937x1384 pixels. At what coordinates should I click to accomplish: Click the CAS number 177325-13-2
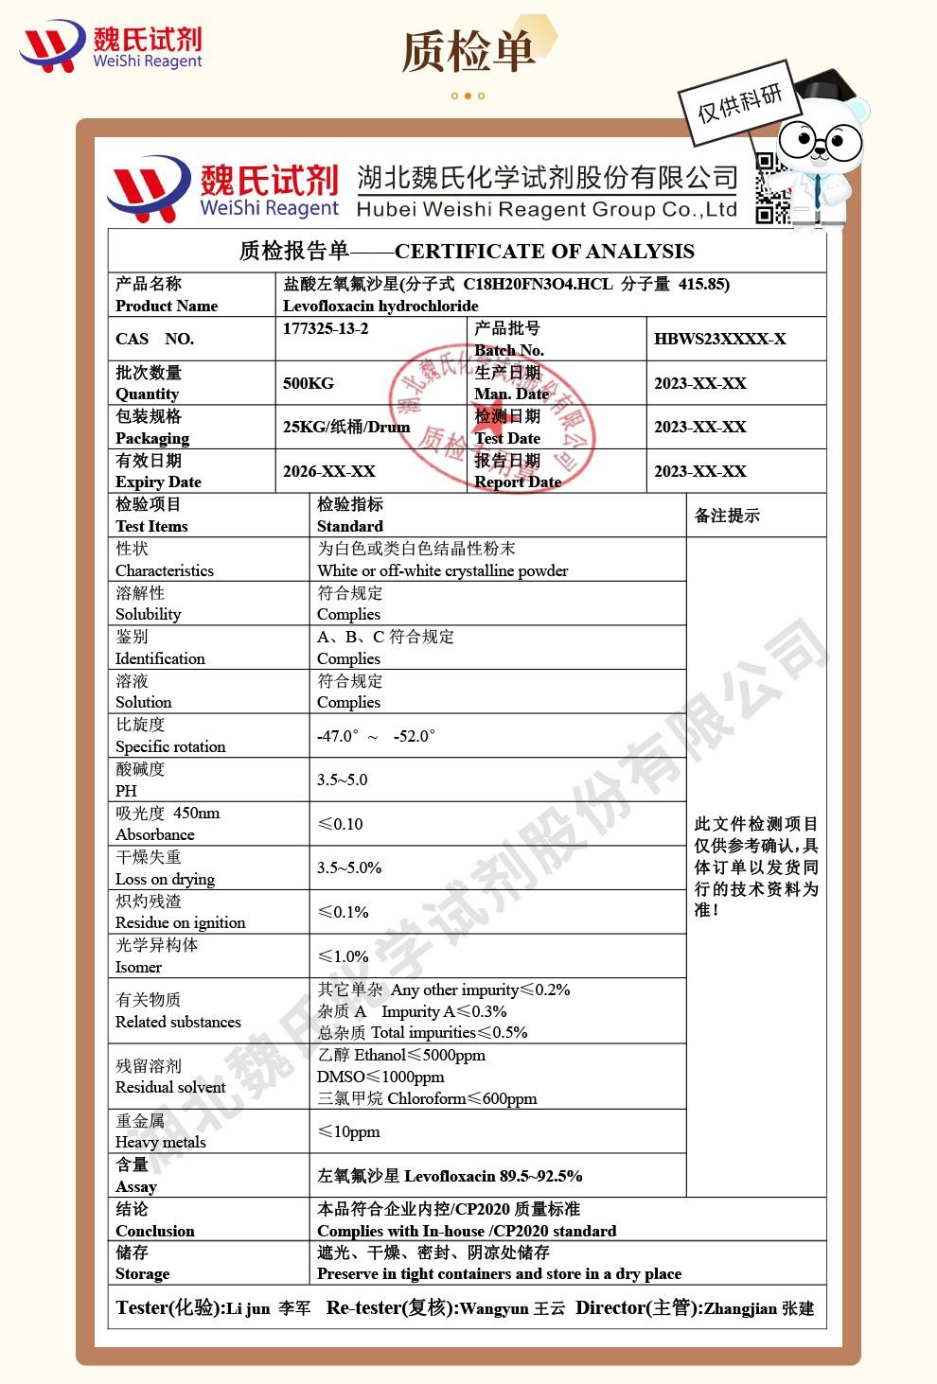pos(326,329)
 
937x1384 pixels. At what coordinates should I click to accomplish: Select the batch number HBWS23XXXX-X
pos(719,339)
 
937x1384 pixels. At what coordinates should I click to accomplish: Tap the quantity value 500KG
pos(309,383)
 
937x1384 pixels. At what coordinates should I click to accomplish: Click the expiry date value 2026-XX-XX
pos(328,471)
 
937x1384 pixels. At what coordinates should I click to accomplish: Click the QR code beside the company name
pos(772,188)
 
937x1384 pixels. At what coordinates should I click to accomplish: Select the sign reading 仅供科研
pos(740,103)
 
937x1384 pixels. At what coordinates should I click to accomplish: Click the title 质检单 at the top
pos(468,52)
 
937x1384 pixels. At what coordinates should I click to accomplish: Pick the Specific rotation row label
pos(170,746)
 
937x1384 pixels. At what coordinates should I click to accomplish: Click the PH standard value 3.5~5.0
pos(342,780)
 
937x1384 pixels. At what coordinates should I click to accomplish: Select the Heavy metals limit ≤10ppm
pos(349,1131)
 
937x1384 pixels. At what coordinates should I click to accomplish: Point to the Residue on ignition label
pos(180,922)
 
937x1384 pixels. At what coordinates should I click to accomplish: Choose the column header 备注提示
pos(727,516)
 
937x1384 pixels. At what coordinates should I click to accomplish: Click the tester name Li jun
pos(248,1308)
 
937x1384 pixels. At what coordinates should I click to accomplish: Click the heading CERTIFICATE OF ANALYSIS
pos(544,252)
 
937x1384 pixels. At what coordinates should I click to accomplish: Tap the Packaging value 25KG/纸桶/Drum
pos(346,427)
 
